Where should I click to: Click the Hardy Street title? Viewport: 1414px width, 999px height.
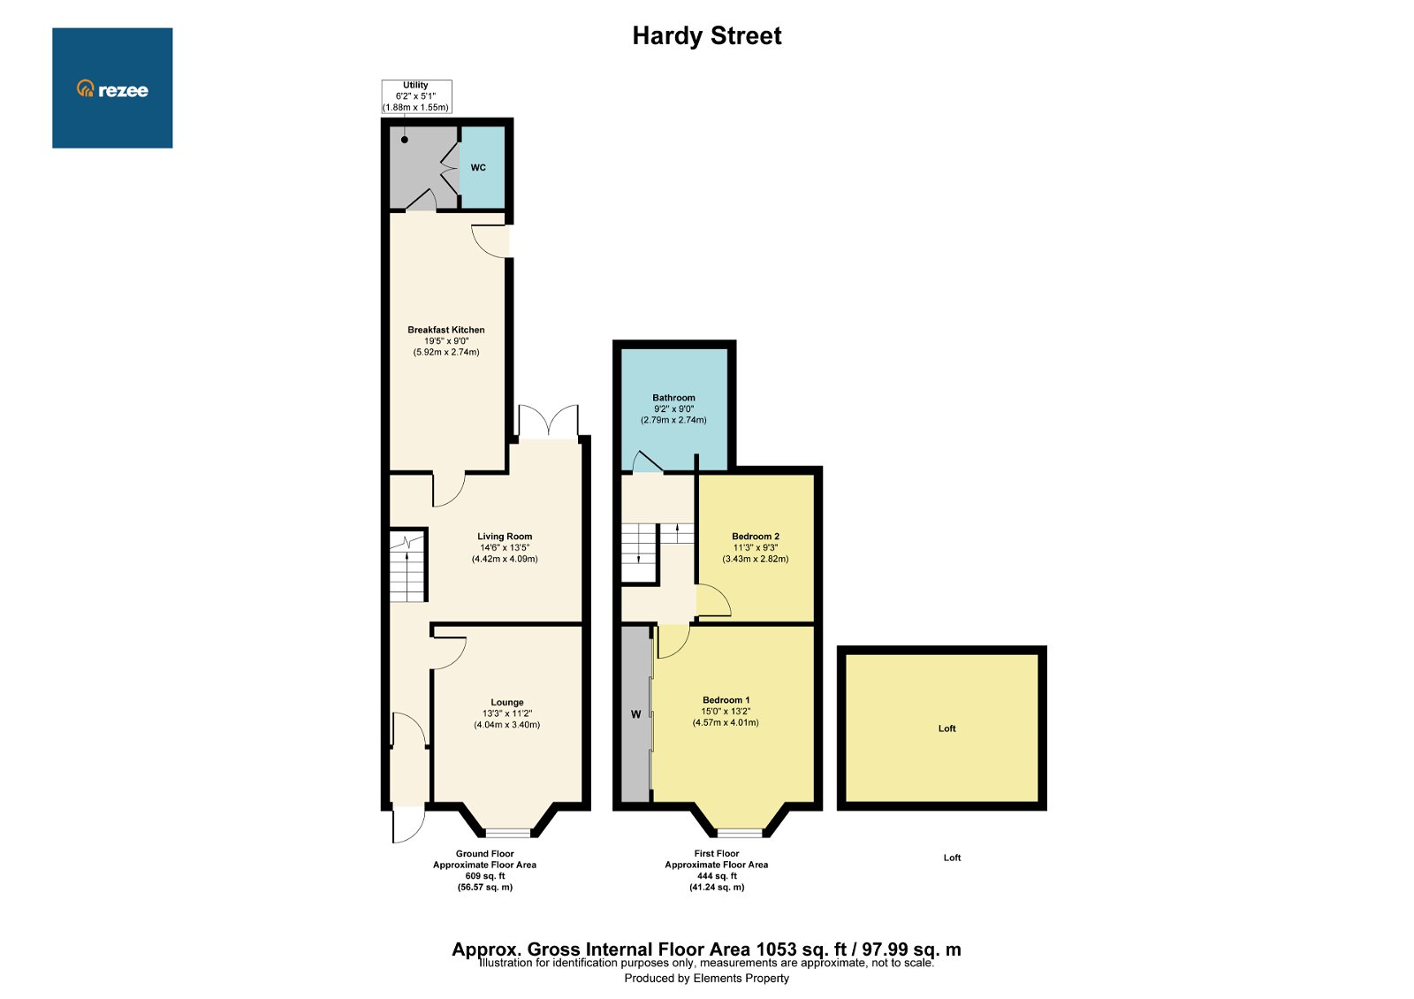pos(706,36)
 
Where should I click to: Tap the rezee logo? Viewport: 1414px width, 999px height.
pos(112,89)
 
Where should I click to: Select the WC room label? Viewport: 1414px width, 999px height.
pos(478,168)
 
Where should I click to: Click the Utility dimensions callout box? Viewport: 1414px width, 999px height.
pos(416,96)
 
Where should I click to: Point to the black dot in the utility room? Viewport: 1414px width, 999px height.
pos(405,140)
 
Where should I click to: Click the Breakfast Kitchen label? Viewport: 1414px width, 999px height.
pos(446,330)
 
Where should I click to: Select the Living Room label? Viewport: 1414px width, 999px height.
pos(505,537)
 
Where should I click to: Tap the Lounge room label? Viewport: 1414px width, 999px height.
pos(507,703)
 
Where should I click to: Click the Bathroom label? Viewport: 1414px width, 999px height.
pos(673,398)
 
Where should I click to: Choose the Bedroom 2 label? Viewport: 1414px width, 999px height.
pos(756,537)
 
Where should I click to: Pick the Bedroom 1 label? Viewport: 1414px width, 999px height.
pos(726,700)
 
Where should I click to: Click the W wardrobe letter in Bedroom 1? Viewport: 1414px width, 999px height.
pos(635,714)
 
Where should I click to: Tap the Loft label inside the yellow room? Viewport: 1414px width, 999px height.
pos(946,728)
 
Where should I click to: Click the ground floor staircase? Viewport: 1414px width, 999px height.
pos(407,566)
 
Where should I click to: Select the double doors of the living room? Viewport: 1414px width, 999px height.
pos(549,423)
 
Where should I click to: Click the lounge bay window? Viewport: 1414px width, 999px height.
pos(507,833)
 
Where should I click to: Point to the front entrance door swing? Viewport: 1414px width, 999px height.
pos(407,824)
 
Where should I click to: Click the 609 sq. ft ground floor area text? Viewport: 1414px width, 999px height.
pos(484,876)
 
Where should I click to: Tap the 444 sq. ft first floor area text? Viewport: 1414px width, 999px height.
pos(717,876)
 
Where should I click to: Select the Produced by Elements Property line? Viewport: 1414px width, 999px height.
pos(706,978)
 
